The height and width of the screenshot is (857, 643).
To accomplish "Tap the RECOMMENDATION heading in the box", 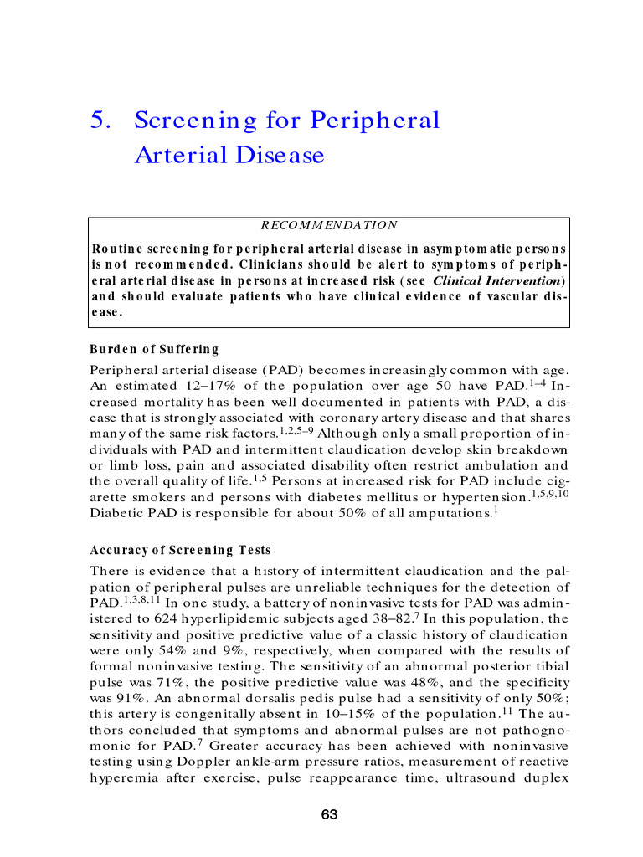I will coord(329,225).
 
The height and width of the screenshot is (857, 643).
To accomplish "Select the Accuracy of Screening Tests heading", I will coord(180,550).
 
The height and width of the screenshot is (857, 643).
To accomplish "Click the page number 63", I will coord(329,814).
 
